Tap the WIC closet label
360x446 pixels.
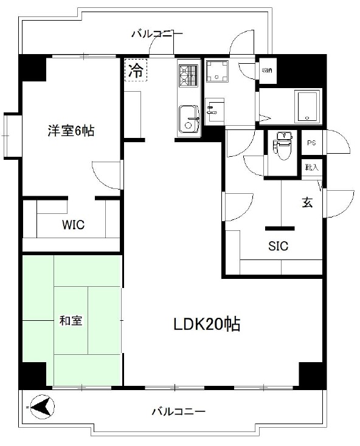click(73, 225)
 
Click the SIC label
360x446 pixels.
click(279, 246)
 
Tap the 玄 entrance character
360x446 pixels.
click(308, 204)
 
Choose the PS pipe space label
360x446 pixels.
click(311, 143)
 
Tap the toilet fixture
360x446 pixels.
click(283, 146)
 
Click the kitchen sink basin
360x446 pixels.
click(189, 114)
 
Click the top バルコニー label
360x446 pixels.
click(157, 33)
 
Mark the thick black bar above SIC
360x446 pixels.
click(280, 228)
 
